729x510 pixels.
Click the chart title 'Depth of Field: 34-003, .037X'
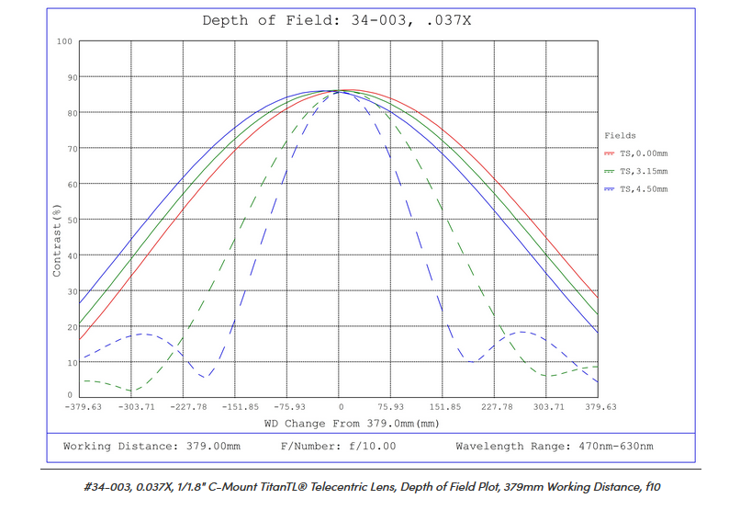pyautogui.click(x=337, y=20)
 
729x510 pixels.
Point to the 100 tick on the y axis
pyautogui.click(x=64, y=41)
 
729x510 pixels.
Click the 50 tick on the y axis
pyautogui.click(x=67, y=220)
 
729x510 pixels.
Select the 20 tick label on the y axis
pyautogui.click(x=67, y=326)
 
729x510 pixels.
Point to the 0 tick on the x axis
pyautogui.click(x=341, y=405)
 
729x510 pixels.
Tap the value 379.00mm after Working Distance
pyautogui.click(x=210, y=447)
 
